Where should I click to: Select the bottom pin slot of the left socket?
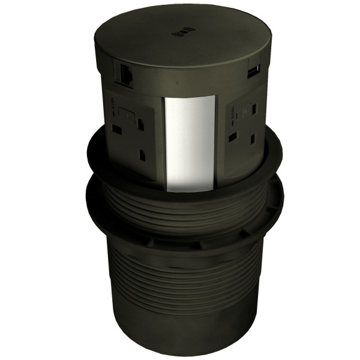click(142, 155)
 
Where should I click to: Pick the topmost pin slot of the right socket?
click(254, 109)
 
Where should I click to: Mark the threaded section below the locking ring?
click(180, 276)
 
